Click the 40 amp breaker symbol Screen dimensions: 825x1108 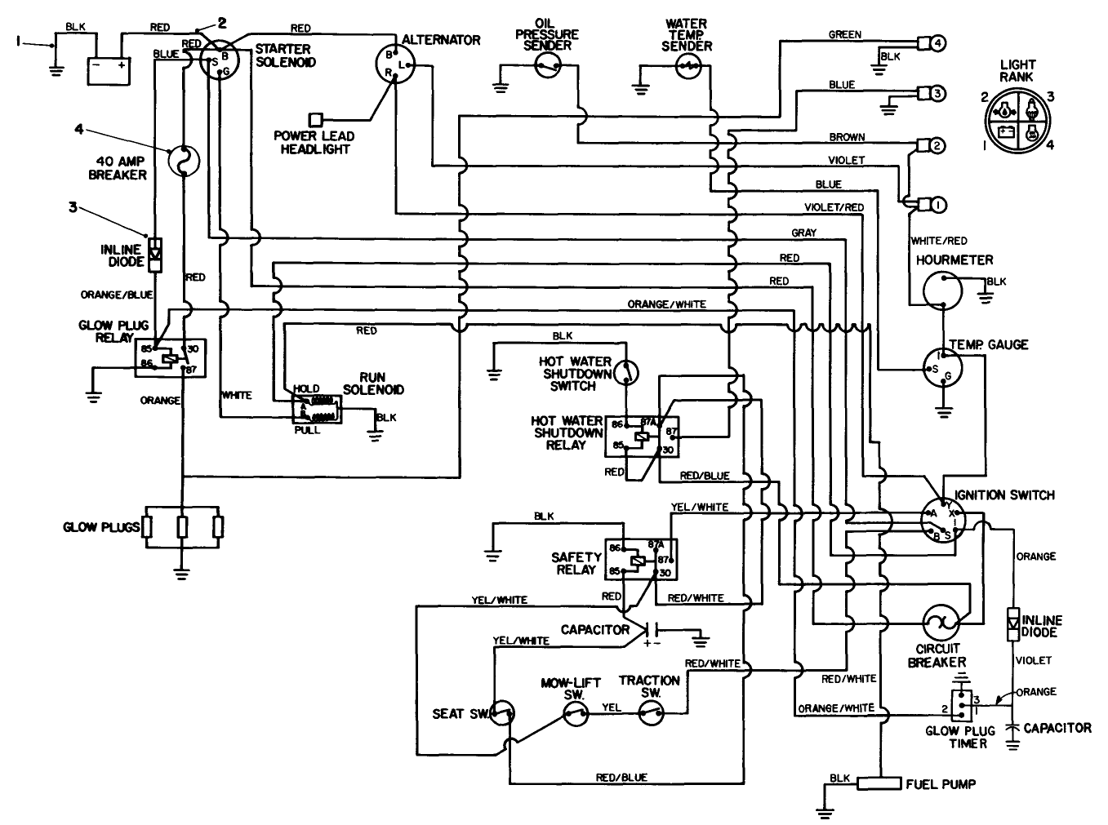coord(185,161)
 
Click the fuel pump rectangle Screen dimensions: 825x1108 coord(879,784)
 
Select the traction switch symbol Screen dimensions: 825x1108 coord(651,715)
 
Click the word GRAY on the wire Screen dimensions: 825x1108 coord(803,233)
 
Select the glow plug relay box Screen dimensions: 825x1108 coord(171,357)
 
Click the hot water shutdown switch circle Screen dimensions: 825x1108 coord(626,372)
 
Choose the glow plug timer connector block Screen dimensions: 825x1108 coord(965,703)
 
